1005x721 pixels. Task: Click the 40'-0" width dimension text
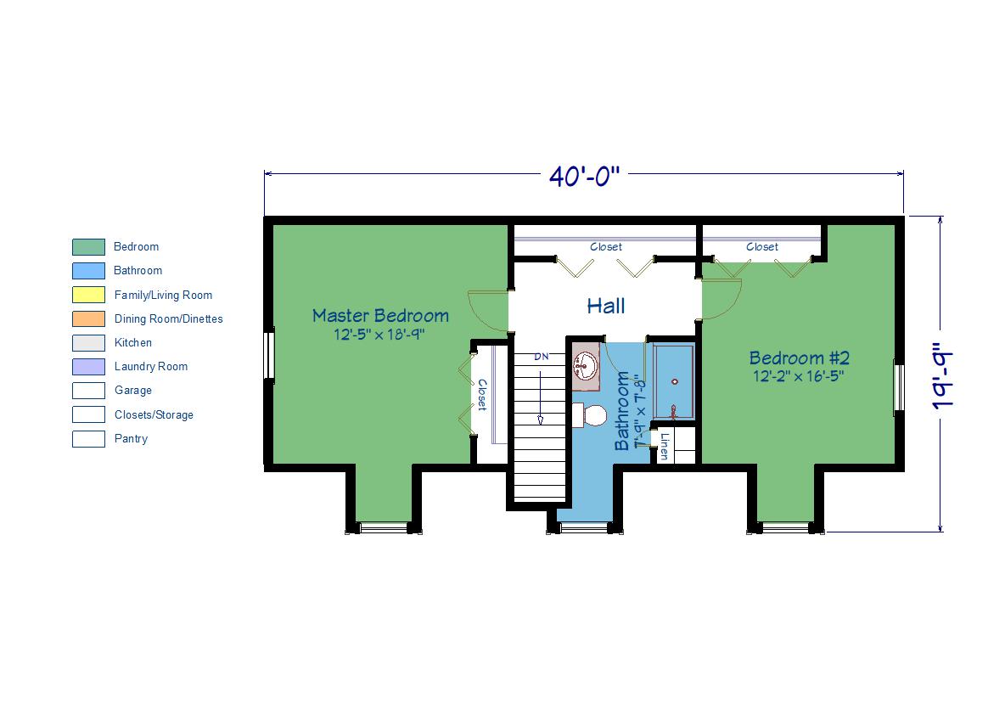point(585,176)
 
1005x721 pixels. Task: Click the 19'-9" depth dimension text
point(943,377)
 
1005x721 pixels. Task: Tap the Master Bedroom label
point(380,316)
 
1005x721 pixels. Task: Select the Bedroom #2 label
point(800,358)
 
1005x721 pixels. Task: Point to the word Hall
point(606,306)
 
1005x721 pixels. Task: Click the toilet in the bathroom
point(590,415)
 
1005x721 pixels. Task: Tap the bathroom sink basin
point(585,366)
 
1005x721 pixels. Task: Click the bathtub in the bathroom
point(674,382)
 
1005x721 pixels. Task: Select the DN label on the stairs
point(542,357)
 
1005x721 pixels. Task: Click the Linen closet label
point(664,446)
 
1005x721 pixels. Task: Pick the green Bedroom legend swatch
point(88,247)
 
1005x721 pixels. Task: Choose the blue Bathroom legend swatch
point(88,271)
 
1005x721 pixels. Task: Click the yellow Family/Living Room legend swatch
point(88,295)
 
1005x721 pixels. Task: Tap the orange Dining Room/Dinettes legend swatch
point(88,318)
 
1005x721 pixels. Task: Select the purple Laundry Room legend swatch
point(88,367)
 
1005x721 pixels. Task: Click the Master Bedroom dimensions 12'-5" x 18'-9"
point(379,335)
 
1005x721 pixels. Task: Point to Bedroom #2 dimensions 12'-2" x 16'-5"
point(798,376)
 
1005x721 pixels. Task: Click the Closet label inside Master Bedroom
point(482,395)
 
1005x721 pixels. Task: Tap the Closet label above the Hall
point(606,247)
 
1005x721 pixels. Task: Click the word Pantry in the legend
point(131,439)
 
